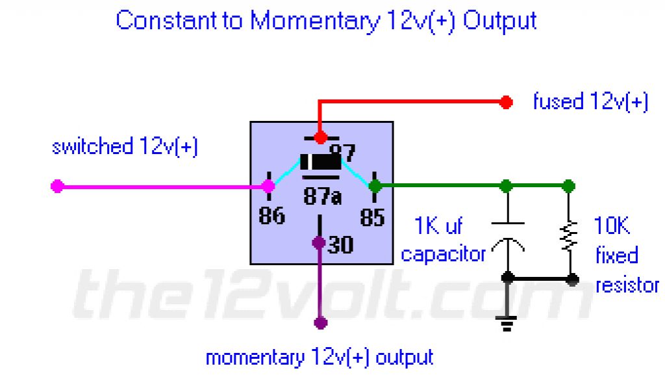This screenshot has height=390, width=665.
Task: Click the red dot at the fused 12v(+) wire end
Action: point(507,102)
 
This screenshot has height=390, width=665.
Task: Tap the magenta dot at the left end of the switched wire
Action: point(57,187)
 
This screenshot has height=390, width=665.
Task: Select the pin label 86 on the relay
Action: point(271,215)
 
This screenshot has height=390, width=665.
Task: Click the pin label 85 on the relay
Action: point(373,217)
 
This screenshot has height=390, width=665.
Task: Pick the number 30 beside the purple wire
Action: point(340,245)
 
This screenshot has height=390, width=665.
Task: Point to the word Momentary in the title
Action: point(314,21)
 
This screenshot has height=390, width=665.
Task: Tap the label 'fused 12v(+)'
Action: point(590,102)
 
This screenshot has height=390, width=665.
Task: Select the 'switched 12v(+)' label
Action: point(125,147)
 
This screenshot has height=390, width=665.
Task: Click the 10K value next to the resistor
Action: point(612,226)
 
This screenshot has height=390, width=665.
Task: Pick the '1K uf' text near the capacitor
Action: point(439,227)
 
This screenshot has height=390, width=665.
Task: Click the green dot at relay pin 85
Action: point(375,187)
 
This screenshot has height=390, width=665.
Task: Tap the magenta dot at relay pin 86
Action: point(268,187)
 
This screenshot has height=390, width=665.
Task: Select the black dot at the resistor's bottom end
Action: point(572,280)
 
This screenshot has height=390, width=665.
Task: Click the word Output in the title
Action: point(499,21)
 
